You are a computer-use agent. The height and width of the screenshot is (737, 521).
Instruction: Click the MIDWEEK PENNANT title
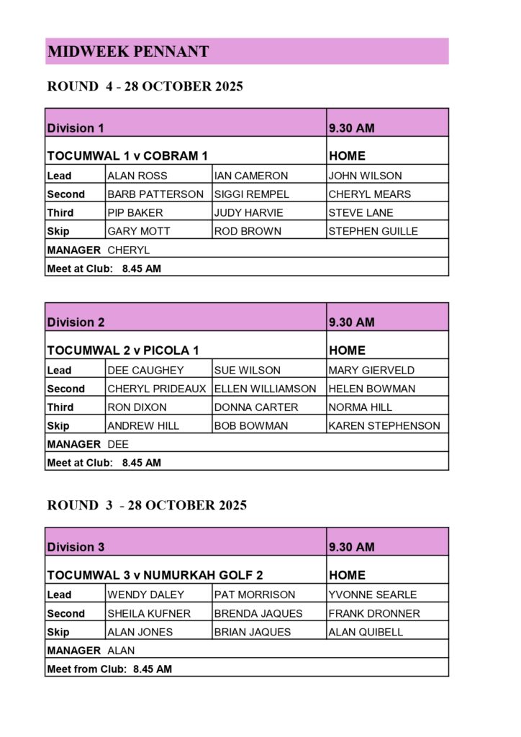pos(128,52)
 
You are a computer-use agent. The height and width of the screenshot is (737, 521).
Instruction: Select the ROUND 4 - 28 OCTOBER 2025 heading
pos(145,87)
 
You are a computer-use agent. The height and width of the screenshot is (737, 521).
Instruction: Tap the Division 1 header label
pos(76,128)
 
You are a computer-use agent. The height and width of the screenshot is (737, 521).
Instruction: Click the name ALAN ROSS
pos(137,176)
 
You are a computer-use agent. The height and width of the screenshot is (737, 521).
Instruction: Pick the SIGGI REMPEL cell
pos(251,194)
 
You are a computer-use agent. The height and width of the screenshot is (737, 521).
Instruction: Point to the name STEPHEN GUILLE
pos(373,232)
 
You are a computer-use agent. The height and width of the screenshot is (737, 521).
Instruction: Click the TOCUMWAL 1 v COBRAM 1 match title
pos(127,156)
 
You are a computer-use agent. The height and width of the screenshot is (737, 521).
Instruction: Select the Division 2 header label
pos(76,322)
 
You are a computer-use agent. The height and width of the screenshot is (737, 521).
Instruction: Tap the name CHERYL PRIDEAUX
pos(156,389)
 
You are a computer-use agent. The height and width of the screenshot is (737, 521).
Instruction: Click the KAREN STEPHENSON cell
pos(384,426)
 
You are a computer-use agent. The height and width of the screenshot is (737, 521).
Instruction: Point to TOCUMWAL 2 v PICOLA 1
pos(122,351)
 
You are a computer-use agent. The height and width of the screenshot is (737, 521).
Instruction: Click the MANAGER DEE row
pos(88,445)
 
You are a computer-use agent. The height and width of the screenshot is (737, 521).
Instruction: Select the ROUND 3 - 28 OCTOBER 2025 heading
pos(147,505)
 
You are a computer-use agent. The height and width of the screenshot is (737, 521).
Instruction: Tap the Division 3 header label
pos(76,547)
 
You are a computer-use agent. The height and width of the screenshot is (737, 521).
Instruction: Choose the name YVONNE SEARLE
pos(372,595)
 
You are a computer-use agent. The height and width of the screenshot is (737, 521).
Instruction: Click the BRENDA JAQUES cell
pos(258,614)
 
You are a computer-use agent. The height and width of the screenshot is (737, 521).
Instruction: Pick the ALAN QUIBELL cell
pos(365,633)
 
